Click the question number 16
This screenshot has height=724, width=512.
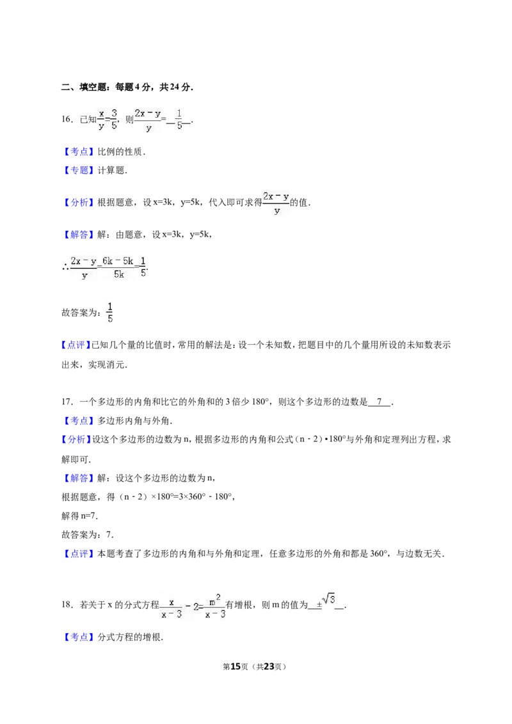click(67, 119)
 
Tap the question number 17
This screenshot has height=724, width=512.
click(67, 402)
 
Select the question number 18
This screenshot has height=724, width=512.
click(67, 604)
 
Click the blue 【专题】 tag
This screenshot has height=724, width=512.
click(78, 170)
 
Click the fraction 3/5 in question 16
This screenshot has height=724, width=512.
click(114, 119)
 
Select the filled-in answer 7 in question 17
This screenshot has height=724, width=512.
click(379, 402)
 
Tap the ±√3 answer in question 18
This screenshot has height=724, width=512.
click(326, 602)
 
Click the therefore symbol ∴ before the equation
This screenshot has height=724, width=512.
click(65, 267)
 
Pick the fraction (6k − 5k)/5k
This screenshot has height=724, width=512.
click(118, 267)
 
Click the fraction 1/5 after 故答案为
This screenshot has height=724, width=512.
click(110, 313)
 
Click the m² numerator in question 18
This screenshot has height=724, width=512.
click(214, 601)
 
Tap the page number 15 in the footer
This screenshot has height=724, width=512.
click(236, 666)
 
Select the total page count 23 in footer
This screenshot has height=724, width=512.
click(268, 666)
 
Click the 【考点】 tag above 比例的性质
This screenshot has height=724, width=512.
click(78, 152)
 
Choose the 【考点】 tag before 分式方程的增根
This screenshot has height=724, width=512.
click(78, 637)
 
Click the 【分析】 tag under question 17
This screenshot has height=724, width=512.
click(76, 439)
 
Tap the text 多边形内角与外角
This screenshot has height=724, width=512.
click(134, 421)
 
